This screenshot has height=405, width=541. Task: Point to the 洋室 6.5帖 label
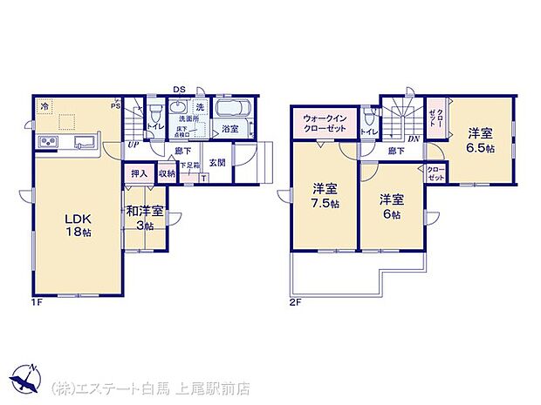(480, 140)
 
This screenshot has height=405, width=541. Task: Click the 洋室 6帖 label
(389, 206)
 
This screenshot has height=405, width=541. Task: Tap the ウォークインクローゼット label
(325, 124)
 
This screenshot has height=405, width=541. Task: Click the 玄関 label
(217, 163)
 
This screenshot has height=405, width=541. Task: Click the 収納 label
(167, 174)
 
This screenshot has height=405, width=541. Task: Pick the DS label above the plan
(178, 89)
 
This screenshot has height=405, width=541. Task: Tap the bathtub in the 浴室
(230, 111)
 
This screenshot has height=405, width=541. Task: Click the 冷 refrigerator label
(45, 105)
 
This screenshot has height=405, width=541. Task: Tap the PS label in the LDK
(114, 105)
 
